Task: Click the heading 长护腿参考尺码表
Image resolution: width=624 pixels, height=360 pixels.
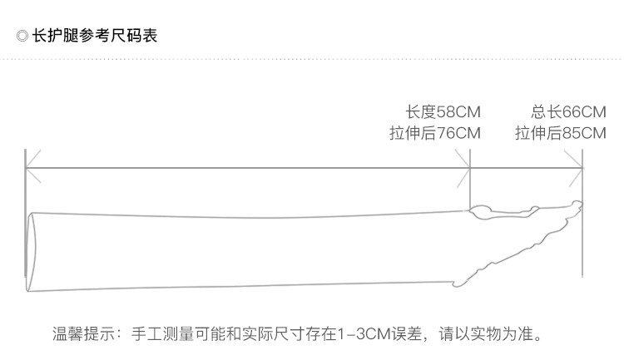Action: pyautogui.click(x=94, y=36)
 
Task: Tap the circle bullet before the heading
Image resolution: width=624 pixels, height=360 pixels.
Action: pyautogui.click(x=22, y=37)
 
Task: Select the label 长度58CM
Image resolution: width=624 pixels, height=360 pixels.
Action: pyautogui.click(x=443, y=111)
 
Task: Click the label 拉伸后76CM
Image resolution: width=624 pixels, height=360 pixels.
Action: pyautogui.click(x=434, y=133)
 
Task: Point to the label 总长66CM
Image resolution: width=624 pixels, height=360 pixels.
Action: pyautogui.click(x=568, y=111)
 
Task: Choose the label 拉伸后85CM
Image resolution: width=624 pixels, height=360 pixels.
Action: pyautogui.click(x=560, y=133)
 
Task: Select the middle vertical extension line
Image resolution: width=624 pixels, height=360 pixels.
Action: pyautogui.click(x=471, y=179)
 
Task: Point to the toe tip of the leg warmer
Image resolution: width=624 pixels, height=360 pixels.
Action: pyautogui.click(x=579, y=205)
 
